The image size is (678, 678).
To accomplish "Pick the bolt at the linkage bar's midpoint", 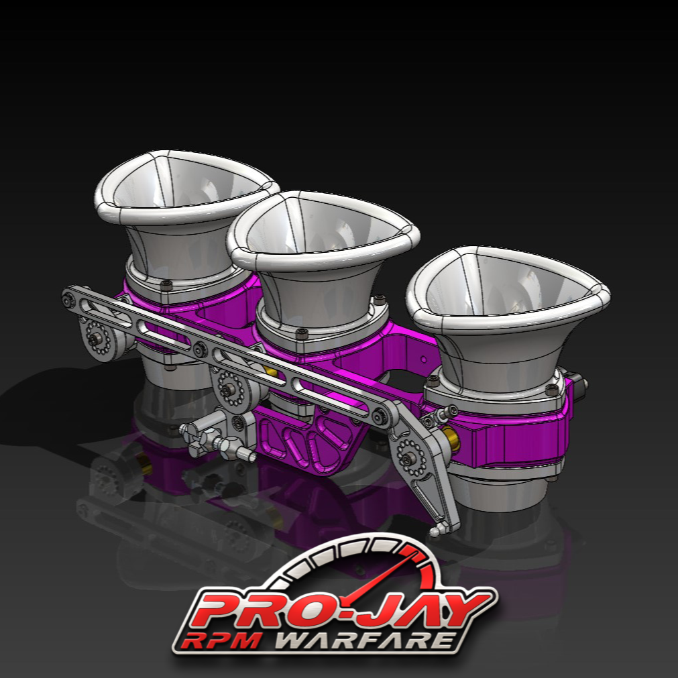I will tap(201, 350).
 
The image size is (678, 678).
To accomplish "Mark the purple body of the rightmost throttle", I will tap(516, 436).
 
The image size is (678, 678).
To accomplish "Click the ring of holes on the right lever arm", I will tap(408, 455).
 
